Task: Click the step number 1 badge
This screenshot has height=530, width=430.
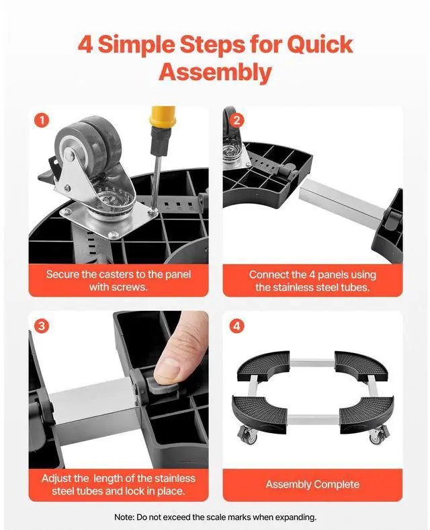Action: coord(42,120)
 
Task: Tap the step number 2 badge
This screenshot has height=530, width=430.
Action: coord(236,120)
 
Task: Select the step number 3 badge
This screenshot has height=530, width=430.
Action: coord(42,326)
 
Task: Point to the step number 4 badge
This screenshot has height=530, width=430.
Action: coord(236,326)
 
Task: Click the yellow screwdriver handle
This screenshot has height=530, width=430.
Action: coord(163,116)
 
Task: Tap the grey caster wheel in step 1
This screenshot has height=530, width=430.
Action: coord(88,141)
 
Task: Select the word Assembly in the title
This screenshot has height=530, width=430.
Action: coord(215,72)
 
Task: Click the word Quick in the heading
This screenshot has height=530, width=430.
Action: coord(320,44)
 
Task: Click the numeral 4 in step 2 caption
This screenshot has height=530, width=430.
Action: coord(312,274)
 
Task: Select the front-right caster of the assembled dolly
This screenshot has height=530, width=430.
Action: coord(379,436)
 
